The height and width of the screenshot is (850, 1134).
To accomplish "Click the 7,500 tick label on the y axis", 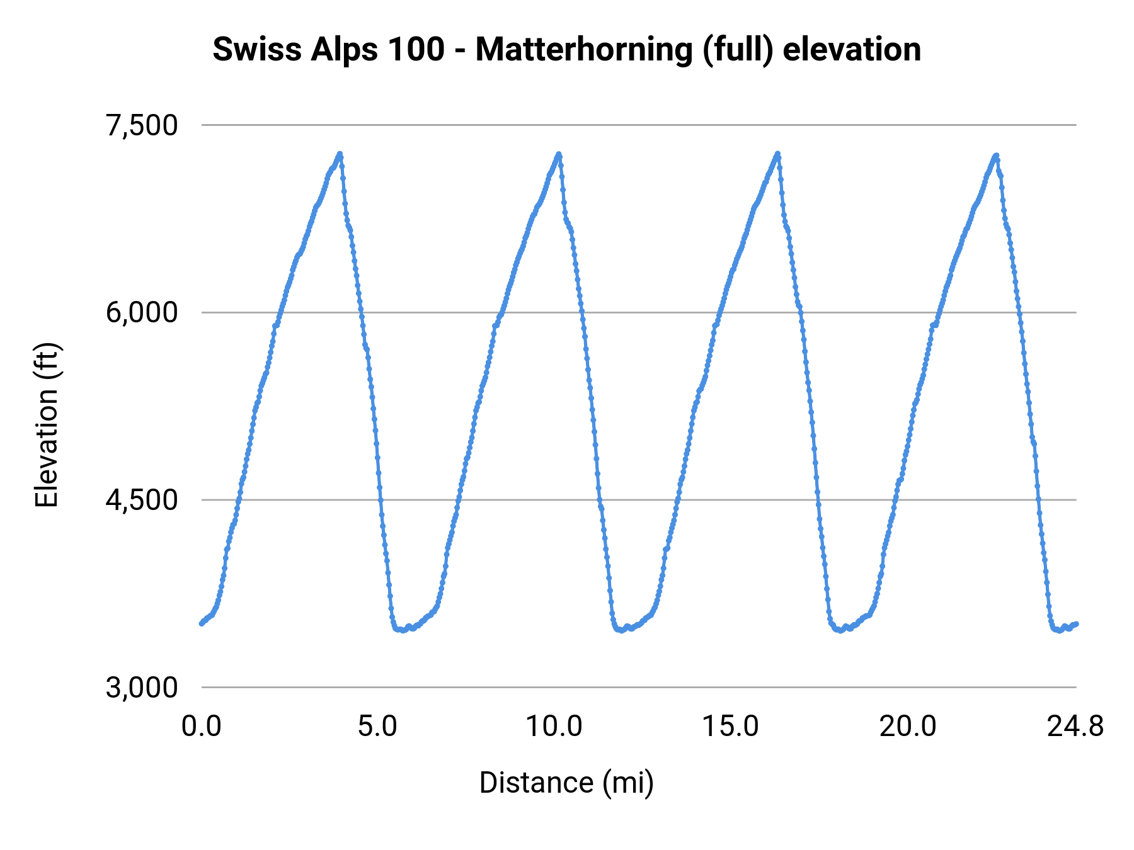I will (142, 125).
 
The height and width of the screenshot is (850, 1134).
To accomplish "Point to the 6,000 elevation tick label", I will (142, 312).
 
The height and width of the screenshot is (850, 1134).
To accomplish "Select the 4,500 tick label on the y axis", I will (142, 500).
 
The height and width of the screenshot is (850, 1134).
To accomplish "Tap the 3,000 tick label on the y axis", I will (142, 688).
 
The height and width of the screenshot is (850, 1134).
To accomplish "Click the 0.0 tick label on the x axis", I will (202, 727).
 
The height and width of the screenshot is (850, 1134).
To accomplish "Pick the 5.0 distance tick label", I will (377, 727).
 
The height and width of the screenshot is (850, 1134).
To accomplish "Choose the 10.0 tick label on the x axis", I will (554, 727).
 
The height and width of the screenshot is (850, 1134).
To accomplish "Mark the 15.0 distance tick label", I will (731, 727).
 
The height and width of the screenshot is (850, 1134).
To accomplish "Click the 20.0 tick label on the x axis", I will (908, 727).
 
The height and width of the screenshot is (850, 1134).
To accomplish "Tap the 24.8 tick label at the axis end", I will (1075, 727).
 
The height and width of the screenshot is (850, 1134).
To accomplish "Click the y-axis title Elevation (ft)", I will (47, 426).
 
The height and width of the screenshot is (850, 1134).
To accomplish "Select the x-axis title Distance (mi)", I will (566, 783).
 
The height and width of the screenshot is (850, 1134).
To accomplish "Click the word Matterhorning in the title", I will (584, 50).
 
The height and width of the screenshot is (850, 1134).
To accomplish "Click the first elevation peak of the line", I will (340, 154).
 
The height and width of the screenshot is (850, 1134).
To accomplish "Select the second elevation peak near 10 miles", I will (558, 154).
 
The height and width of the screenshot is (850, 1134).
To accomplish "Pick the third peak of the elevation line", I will (777, 153).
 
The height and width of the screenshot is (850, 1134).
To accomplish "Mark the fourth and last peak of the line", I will (996, 155).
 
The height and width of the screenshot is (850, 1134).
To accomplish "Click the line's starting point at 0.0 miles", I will (202, 623).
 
